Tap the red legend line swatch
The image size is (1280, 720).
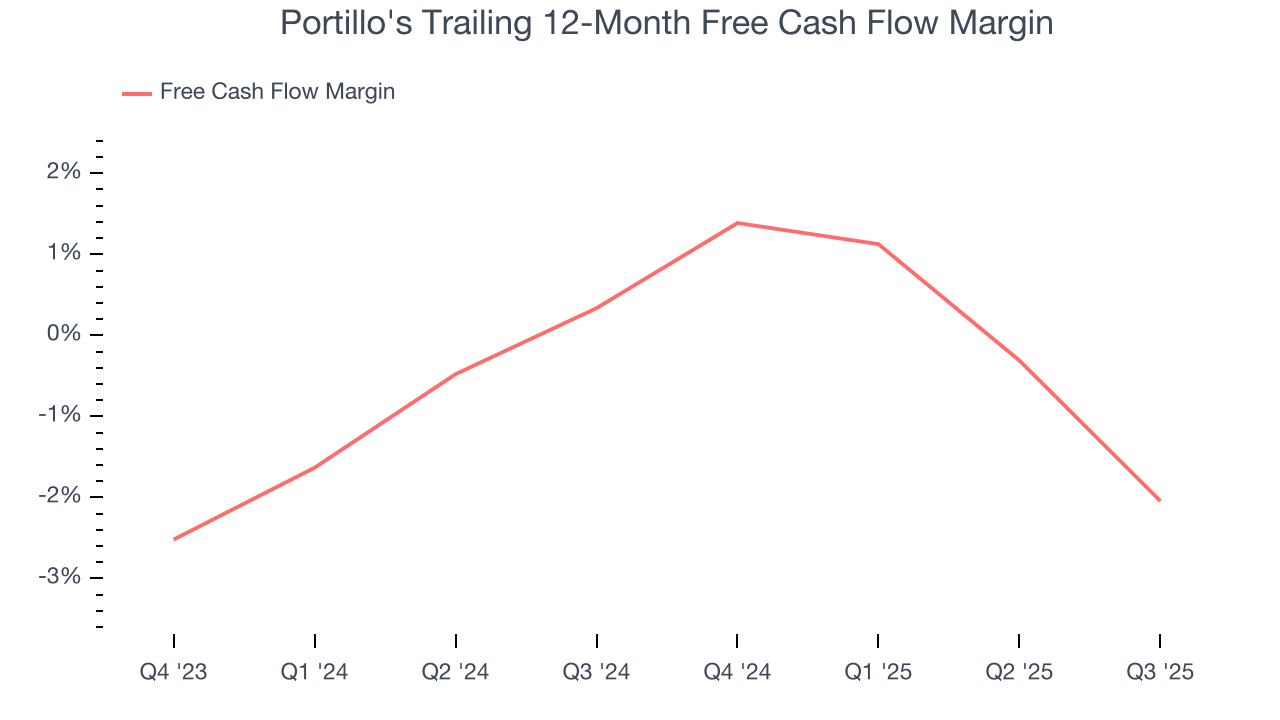[136, 93]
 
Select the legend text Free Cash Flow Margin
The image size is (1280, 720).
[277, 92]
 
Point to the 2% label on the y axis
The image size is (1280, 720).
[63, 173]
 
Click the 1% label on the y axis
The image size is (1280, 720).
[63, 254]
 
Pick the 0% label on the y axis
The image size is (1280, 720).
[62, 334]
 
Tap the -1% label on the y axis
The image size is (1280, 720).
[59, 416]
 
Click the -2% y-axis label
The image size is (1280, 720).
[59, 497]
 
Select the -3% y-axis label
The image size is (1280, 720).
[59, 578]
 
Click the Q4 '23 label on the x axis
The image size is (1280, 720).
[174, 672]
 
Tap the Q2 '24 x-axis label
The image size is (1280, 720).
[456, 672]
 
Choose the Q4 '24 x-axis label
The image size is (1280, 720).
[737, 672]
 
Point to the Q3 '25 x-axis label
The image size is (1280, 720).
[1160, 672]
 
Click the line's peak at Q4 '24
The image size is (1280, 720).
[737, 223]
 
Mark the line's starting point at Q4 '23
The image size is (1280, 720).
[174, 539]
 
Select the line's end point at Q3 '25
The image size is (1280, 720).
[1160, 500]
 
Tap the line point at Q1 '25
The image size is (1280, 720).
[878, 244]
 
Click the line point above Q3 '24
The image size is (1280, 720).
[597, 307]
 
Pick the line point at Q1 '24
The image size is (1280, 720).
[315, 467]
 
